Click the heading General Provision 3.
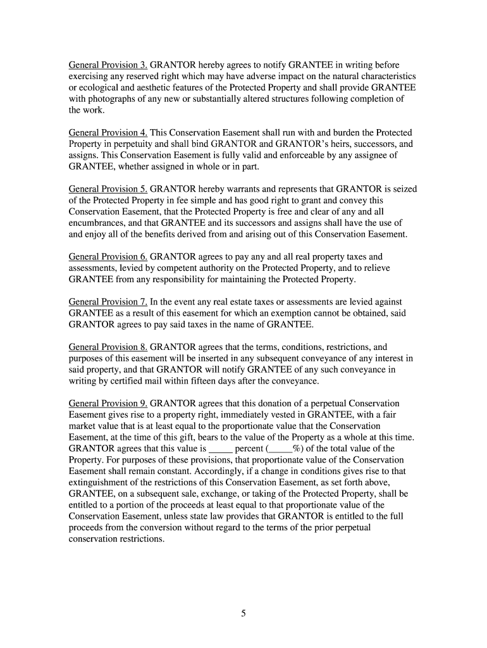(x=108, y=65)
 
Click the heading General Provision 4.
(x=108, y=133)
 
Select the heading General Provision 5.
(x=108, y=189)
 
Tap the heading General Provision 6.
(x=108, y=257)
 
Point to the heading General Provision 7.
(x=108, y=302)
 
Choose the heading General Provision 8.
(x=108, y=347)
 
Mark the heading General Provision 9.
(x=108, y=403)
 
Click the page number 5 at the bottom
(x=244, y=613)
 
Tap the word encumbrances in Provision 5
(x=98, y=223)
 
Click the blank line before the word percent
(x=221, y=449)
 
